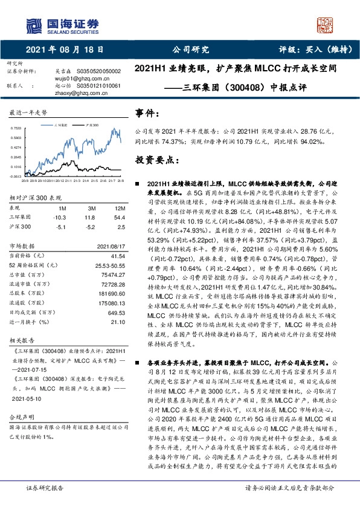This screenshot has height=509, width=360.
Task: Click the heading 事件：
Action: [148, 114]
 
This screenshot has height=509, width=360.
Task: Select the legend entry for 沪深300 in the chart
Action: [91, 123]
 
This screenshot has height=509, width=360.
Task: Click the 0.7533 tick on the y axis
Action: [16, 129]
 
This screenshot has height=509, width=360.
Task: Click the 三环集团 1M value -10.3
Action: [59, 217]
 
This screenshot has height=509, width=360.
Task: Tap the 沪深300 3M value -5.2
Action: [89, 227]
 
